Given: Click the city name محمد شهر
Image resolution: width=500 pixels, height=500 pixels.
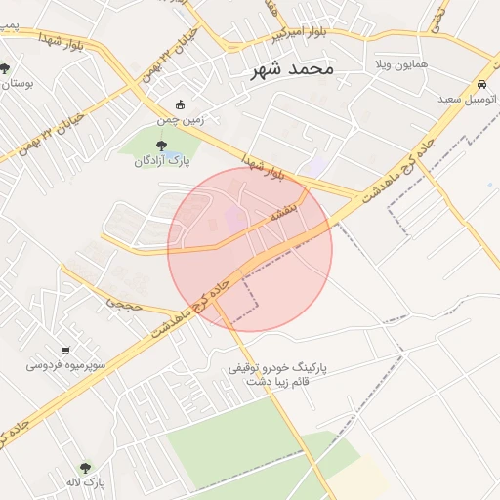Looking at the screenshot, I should tap(292, 69).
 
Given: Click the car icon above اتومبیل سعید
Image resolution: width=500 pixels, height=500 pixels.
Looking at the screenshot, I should tap(484, 83).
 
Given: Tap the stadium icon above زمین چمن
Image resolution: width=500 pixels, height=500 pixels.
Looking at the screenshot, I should tap(180, 104).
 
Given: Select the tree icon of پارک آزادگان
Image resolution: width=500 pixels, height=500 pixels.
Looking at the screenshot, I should tap(161, 146).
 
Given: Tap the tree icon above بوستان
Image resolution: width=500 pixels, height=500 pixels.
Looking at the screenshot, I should tap(6, 67).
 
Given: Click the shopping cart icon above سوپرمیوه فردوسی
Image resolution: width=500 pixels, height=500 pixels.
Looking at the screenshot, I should tap(65, 350).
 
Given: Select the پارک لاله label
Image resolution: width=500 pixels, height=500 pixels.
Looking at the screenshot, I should tap(86, 482).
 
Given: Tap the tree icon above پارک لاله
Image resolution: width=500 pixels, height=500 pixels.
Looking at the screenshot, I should tap(85, 467).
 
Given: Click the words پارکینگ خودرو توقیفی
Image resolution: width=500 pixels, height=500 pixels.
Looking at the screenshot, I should tap(277, 369).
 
